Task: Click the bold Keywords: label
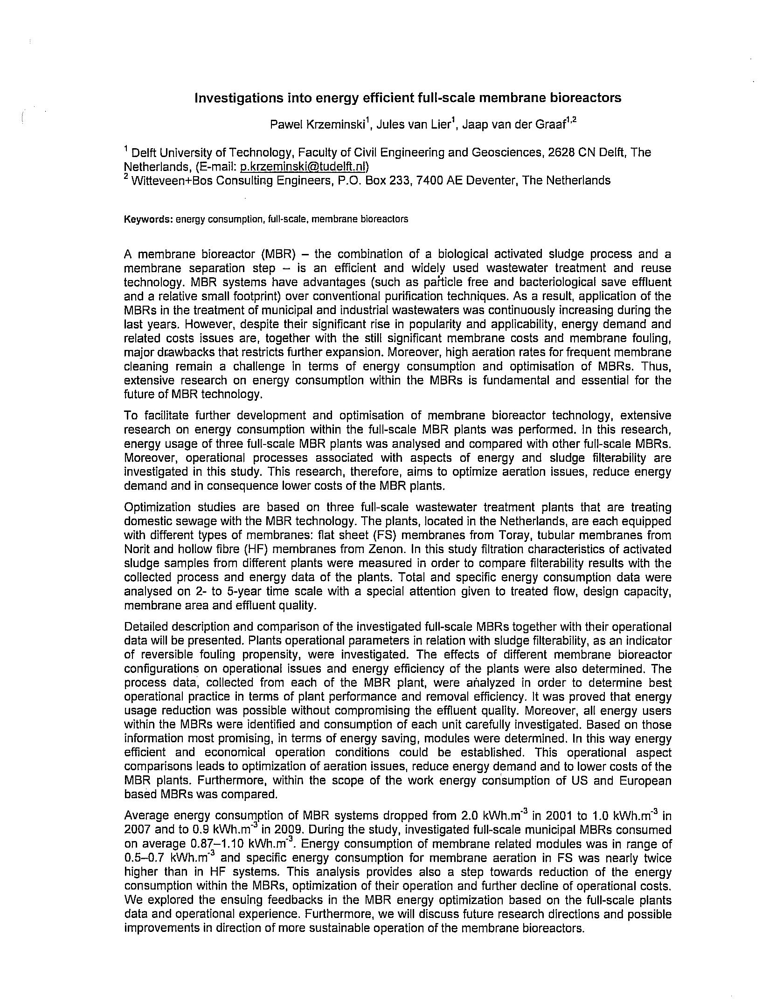[x=148, y=219]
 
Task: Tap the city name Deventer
[x=489, y=181]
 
